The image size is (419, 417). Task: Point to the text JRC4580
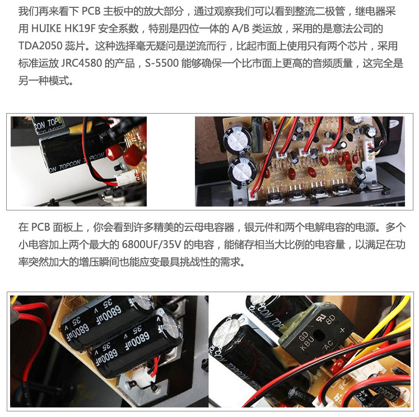tap(82, 63)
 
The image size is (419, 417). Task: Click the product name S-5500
tap(162, 63)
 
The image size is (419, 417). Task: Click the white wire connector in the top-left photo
tap(124, 179)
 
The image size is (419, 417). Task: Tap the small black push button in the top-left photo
tap(117, 168)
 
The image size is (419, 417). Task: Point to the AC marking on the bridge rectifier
tap(328, 346)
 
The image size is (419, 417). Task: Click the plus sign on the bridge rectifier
tap(343, 330)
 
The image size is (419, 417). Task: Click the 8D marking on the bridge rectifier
tap(331, 319)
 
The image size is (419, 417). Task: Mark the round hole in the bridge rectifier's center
tap(319, 334)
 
